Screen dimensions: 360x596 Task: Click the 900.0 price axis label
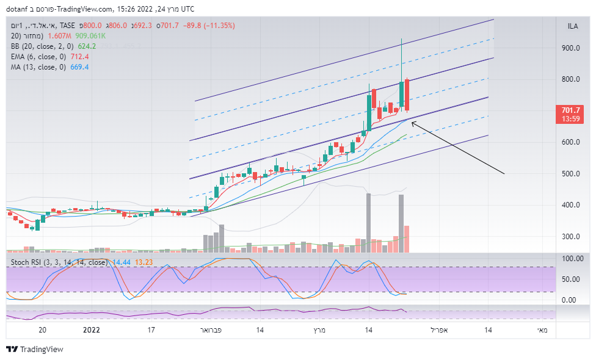tap(571, 48)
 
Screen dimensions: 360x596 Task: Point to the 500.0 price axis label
tap(571, 174)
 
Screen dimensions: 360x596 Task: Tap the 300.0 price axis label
tap(571, 237)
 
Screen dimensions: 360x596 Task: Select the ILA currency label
tap(573, 26)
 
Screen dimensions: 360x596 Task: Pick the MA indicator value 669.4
tap(79, 67)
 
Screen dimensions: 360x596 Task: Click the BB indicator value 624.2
tap(87, 46)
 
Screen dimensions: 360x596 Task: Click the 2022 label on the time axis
tap(91, 330)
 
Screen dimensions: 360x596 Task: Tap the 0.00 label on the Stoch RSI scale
tap(569, 300)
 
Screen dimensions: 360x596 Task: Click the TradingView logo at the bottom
tap(35, 350)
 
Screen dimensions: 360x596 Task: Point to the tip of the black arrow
tap(412, 122)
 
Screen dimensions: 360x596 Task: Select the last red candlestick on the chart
tap(407, 95)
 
